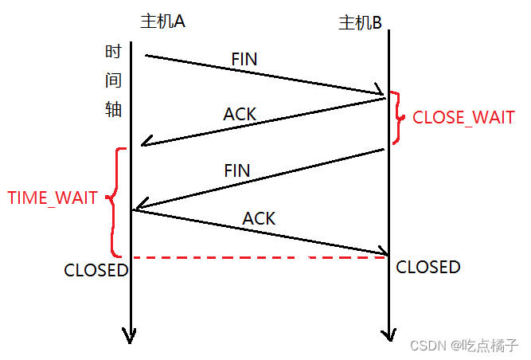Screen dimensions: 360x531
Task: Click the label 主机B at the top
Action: [x=360, y=23]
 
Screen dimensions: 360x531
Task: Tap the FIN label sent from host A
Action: [x=244, y=59]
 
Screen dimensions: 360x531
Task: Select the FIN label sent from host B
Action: [x=237, y=170]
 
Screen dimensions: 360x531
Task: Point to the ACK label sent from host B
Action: [x=240, y=114]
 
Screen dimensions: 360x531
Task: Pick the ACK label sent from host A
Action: [x=259, y=217]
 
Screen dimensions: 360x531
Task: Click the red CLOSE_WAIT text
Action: [x=463, y=118]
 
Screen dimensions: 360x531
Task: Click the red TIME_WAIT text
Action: [x=53, y=198]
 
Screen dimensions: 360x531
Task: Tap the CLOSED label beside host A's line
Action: [x=96, y=270]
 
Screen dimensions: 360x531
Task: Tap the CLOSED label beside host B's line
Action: [x=428, y=267]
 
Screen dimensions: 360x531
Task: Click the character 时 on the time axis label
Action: [x=113, y=53]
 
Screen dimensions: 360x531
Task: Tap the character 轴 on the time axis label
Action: [x=113, y=109]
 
